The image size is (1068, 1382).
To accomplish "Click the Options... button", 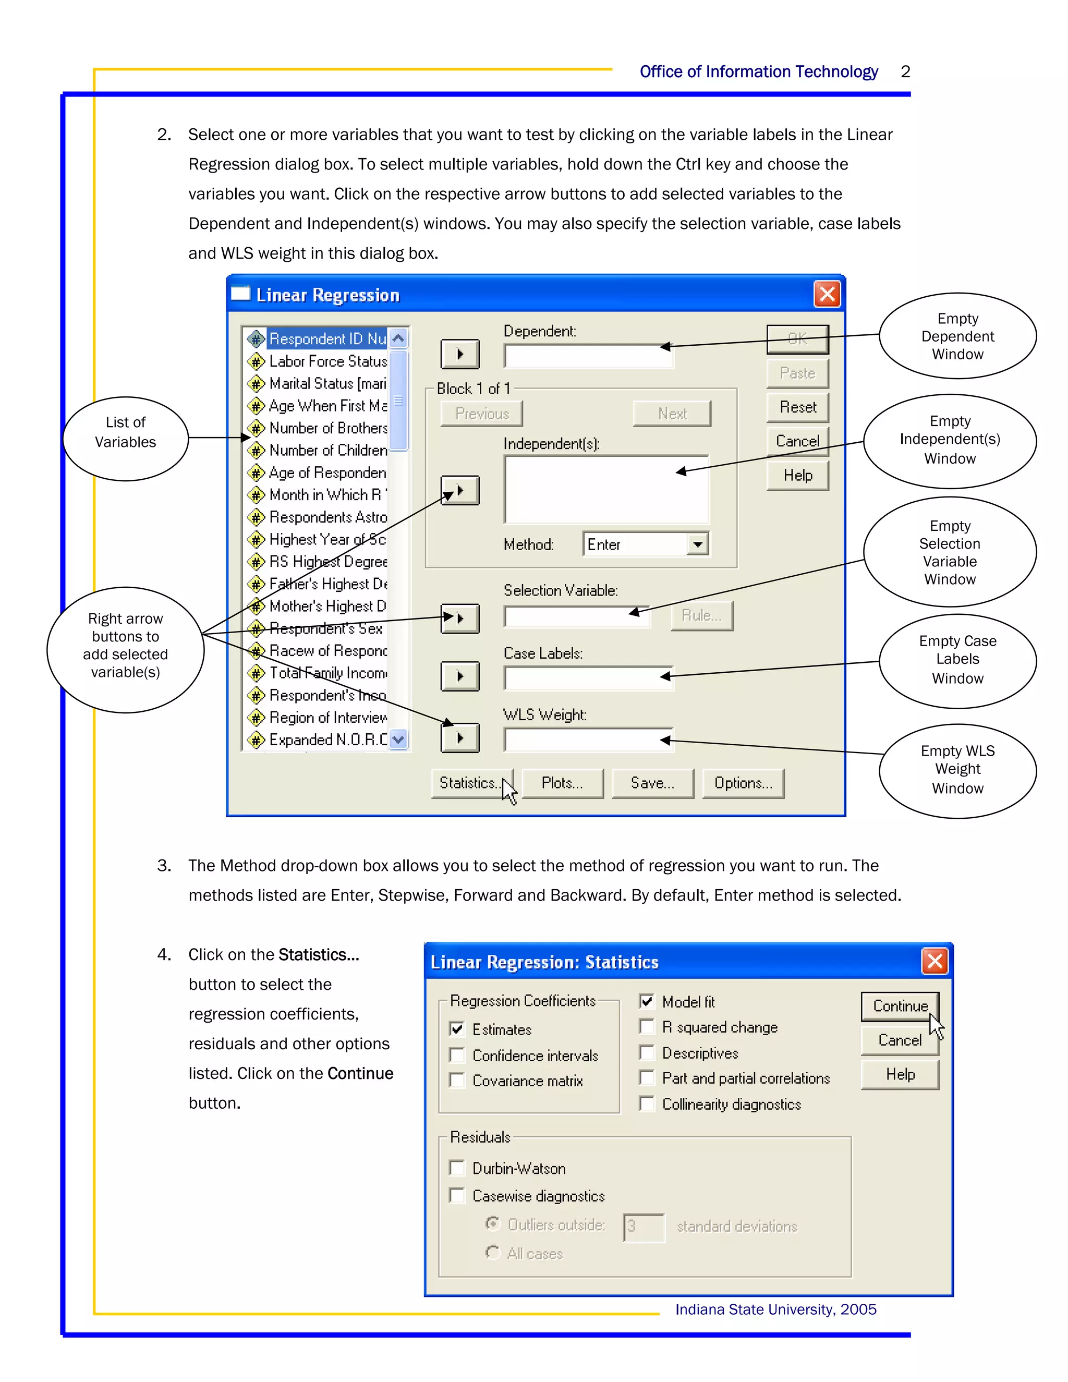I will pos(743,783).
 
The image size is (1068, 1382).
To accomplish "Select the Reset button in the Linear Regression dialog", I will pos(797,407).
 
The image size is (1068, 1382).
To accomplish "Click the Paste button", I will pos(797,373).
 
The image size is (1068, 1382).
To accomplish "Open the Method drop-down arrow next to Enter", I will pos(697,544).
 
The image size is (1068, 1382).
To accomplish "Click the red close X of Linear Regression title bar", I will pos(827,294).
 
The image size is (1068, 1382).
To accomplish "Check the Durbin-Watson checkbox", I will pos(457,1168).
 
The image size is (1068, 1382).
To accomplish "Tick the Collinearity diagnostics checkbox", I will pos(647,1104).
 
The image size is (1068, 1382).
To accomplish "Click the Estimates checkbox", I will pos(457,1029).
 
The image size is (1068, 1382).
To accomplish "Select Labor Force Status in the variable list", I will pos(327,361).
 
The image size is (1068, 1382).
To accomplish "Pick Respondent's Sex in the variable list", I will pos(326,629).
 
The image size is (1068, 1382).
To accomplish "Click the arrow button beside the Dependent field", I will pos(460,354).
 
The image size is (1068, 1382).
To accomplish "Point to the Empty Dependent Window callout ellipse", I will pos(957,336).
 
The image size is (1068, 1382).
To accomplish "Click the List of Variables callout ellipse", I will pos(125,439).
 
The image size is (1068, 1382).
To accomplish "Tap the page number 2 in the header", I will pos(905,71).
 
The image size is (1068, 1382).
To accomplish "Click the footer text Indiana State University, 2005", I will pos(775,1309).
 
